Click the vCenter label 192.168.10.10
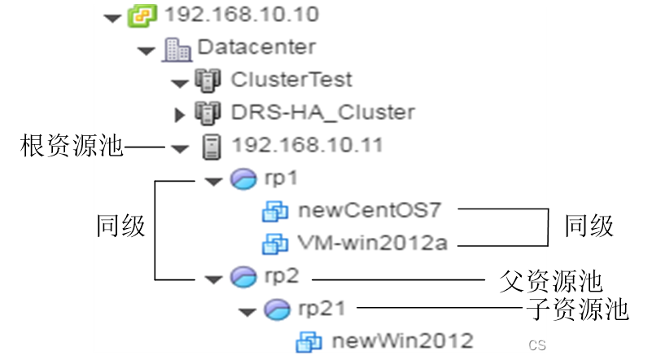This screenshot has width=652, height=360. click(x=242, y=15)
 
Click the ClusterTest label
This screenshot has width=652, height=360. click(x=291, y=80)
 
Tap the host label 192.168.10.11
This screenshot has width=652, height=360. click(x=308, y=146)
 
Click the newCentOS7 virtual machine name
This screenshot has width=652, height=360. click(x=370, y=210)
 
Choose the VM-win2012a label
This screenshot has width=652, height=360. click(x=373, y=243)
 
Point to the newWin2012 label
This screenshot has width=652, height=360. click(x=402, y=340)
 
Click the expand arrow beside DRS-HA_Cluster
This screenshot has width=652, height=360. click(x=180, y=114)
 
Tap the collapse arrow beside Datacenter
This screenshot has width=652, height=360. click(x=147, y=50)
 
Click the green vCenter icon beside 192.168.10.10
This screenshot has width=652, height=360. click(x=141, y=15)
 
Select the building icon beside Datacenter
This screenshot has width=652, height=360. click(x=177, y=49)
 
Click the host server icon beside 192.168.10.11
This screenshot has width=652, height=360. click(x=212, y=147)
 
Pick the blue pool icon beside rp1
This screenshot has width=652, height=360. click(x=243, y=179)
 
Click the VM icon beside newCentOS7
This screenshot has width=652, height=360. click(x=275, y=211)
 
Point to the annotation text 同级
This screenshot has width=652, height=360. click(x=120, y=226)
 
